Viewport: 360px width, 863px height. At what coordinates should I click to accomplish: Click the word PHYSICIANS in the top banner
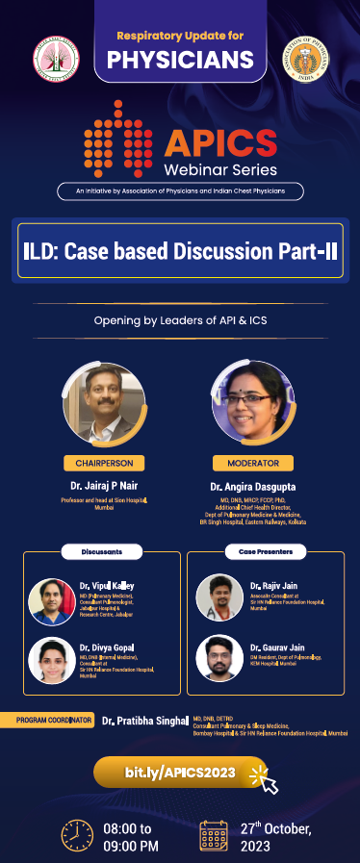tap(180, 60)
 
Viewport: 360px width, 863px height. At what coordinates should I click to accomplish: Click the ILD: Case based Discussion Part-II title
tap(180, 250)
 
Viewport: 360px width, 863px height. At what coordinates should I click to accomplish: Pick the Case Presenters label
tap(259, 551)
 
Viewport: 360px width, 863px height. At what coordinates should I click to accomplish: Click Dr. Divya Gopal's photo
tap(53, 658)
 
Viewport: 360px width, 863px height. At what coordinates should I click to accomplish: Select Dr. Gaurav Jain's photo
tap(218, 657)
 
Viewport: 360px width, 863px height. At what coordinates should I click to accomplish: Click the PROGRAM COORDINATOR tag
tap(56, 719)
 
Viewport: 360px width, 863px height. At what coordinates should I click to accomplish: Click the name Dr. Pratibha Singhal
tap(145, 720)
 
